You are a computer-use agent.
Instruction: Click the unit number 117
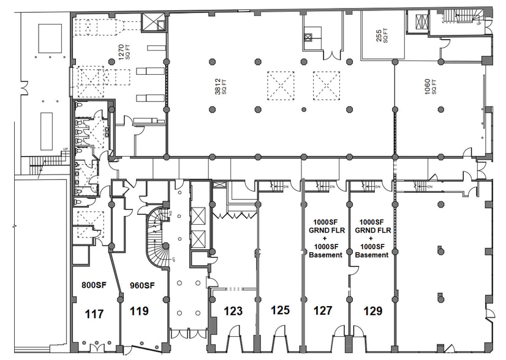tap(95, 314)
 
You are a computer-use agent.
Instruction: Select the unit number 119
tap(140, 310)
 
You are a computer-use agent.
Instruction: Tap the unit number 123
tap(233, 311)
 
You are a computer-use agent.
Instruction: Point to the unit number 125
tap(280, 310)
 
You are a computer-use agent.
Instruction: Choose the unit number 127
tap(323, 310)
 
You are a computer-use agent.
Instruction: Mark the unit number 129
tap(372, 310)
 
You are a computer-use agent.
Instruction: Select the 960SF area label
tap(142, 285)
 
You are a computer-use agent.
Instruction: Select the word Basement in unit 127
tap(326, 255)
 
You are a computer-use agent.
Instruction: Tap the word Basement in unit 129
tap(372, 255)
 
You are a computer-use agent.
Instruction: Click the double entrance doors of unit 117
tap(97, 347)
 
